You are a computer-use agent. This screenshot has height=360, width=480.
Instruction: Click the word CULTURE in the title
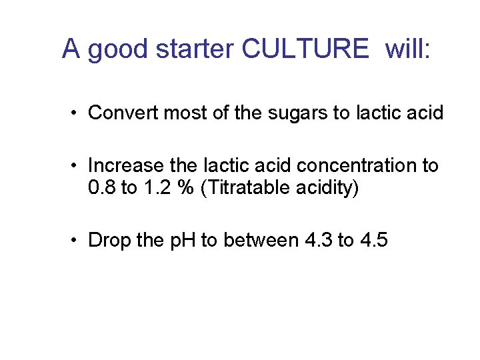pos(305,49)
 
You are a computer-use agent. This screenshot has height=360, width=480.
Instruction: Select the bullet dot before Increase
pos(77,165)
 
